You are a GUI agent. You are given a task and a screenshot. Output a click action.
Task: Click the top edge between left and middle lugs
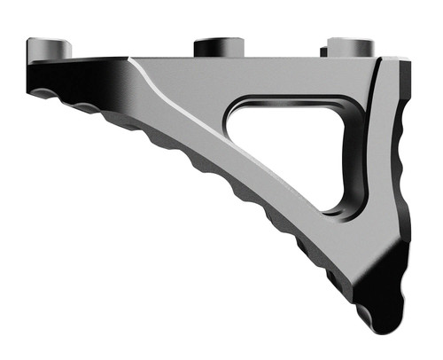tap(133, 59)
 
